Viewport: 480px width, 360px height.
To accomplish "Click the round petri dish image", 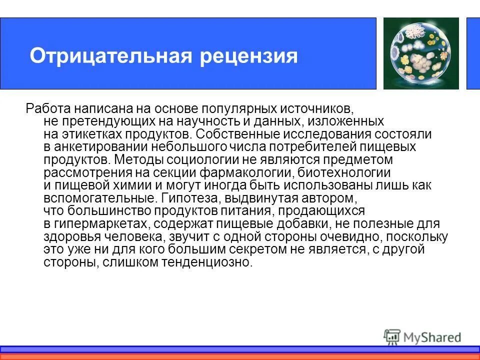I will pos(420,53).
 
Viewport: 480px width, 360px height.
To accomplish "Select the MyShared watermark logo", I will pos(422,337).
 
